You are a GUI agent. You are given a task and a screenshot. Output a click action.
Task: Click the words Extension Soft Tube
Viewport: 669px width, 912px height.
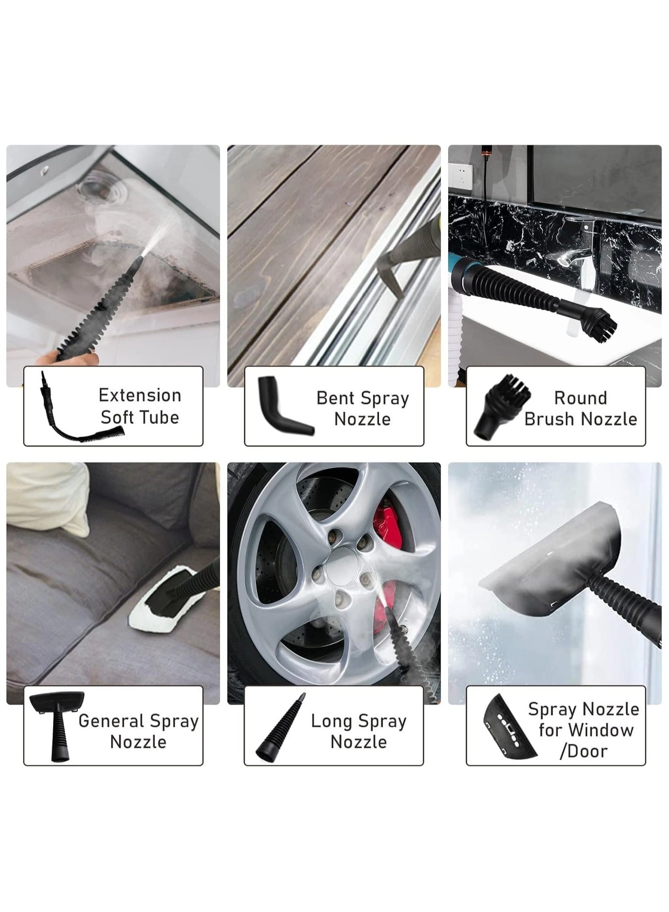[x=140, y=406]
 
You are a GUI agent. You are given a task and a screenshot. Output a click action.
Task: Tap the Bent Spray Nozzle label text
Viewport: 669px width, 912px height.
[x=362, y=408]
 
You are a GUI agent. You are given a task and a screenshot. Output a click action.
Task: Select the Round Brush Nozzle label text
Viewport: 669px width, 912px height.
[x=581, y=408]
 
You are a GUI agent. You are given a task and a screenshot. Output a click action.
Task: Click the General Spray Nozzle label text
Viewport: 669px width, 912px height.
[x=138, y=731]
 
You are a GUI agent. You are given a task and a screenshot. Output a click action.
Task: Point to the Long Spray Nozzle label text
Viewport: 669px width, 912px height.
[x=358, y=731]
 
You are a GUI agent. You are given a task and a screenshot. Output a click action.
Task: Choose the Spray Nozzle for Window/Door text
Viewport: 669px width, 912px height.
[x=583, y=730]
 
